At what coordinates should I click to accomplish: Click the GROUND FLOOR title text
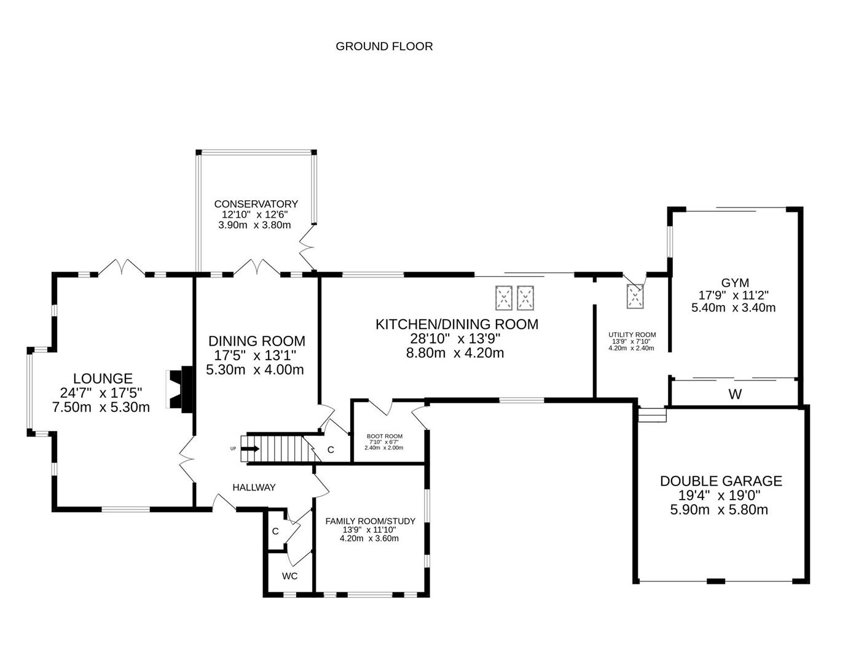pyautogui.click(x=384, y=46)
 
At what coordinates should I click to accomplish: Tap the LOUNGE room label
pyautogui.click(x=103, y=379)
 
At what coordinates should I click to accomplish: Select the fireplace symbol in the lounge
pyautogui.click(x=178, y=389)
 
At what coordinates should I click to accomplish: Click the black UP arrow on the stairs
pyautogui.click(x=250, y=449)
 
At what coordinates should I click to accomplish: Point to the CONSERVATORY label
pyautogui.click(x=256, y=204)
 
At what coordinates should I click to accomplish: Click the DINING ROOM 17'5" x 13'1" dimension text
pyautogui.click(x=256, y=355)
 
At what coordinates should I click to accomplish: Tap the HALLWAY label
pyautogui.click(x=254, y=487)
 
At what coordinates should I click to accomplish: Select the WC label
pyautogui.click(x=289, y=576)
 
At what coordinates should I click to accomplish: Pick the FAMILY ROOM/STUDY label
pyautogui.click(x=370, y=521)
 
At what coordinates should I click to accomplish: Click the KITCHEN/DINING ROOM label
pyautogui.click(x=457, y=324)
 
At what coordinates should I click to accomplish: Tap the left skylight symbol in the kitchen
pyautogui.click(x=504, y=298)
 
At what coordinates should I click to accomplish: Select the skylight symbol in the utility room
pyautogui.click(x=635, y=297)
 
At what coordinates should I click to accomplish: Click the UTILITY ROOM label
pyautogui.click(x=632, y=335)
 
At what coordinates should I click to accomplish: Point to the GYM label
pyautogui.click(x=734, y=283)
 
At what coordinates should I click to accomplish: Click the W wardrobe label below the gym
pyautogui.click(x=735, y=395)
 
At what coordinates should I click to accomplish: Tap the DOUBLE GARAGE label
pyautogui.click(x=721, y=481)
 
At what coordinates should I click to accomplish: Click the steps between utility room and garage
pyautogui.click(x=652, y=416)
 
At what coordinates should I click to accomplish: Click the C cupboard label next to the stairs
pyautogui.click(x=331, y=450)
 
